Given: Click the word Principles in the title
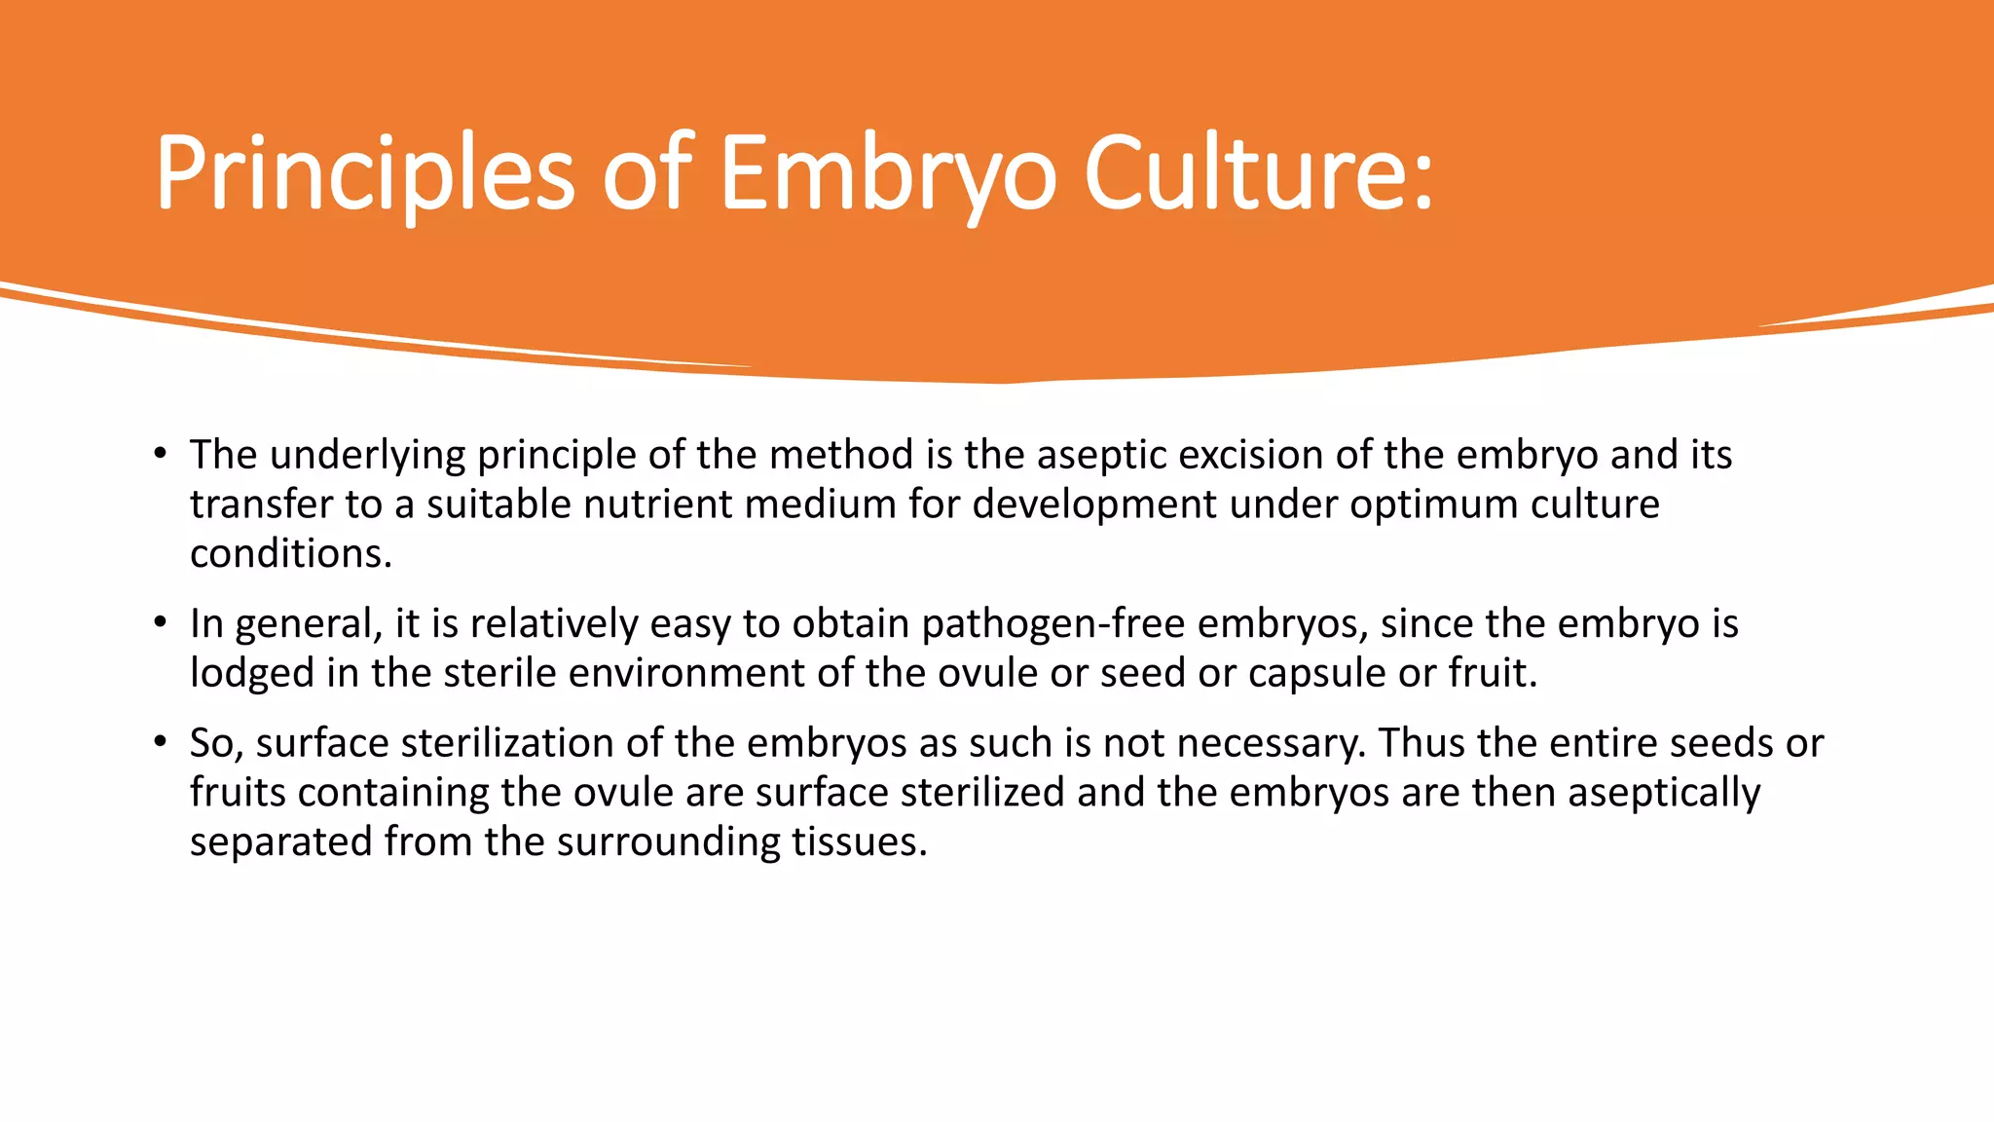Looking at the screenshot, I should tap(364, 173).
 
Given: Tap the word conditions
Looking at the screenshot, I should tap(290, 554).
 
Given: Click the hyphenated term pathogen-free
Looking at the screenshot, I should tap(1052, 624).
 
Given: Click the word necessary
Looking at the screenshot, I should tap(1270, 743).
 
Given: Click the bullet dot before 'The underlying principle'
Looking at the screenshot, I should tap(160, 454).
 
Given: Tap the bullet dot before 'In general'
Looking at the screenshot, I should tap(160, 622).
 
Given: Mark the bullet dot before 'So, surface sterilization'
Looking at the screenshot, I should tap(160, 742).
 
